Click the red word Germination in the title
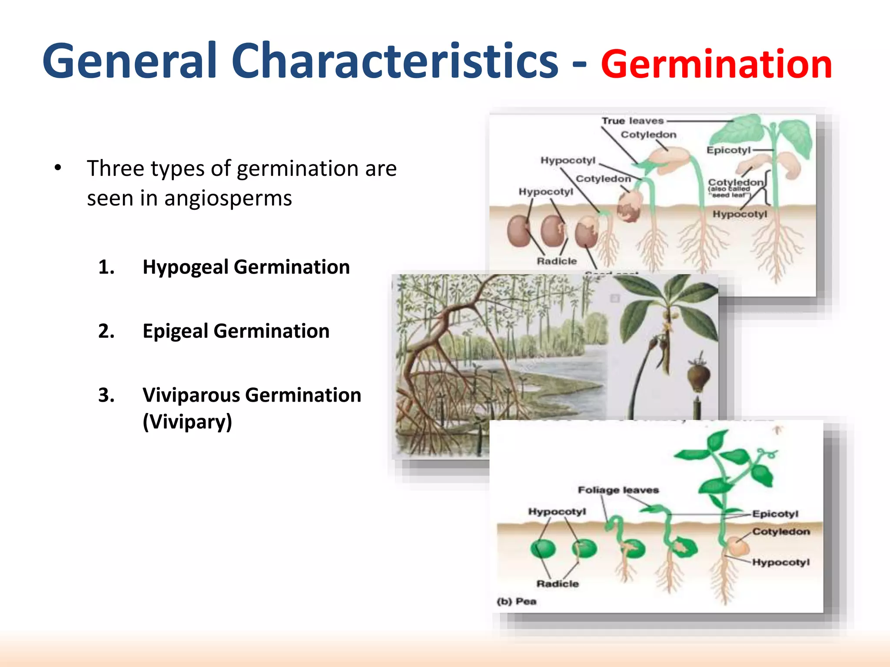coord(716,64)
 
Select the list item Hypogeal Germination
coord(246,267)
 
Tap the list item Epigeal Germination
coord(236,331)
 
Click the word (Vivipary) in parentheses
coord(187,421)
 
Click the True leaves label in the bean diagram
coord(633,121)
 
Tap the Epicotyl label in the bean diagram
coord(728,150)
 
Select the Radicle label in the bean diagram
coord(557,261)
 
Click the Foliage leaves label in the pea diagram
coord(618,490)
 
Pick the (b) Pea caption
coord(516,601)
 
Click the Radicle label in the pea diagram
coord(558,584)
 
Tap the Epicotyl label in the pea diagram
coord(775,514)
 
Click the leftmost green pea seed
coord(543,549)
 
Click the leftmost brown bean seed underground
coord(518,231)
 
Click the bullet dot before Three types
coord(58,168)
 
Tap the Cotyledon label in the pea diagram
coord(781,532)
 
